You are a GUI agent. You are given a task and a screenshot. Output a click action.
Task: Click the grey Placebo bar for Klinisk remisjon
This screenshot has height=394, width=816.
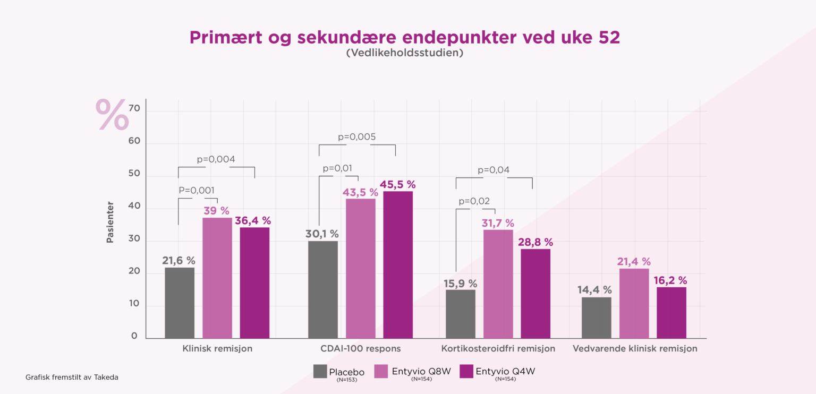pyautogui.click(x=180, y=303)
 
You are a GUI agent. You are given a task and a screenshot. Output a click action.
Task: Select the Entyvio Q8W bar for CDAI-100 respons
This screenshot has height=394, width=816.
pyautogui.click(x=361, y=268)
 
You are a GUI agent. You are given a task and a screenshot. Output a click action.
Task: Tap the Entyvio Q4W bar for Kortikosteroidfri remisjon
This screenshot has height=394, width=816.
pyautogui.click(x=535, y=293)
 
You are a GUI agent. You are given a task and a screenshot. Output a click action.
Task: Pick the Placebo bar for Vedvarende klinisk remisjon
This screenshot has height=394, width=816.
pyautogui.click(x=597, y=318)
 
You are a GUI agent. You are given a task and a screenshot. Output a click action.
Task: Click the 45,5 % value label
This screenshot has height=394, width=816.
pyautogui.click(x=397, y=185)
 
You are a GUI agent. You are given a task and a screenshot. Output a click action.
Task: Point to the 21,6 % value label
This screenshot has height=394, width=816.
pyautogui.click(x=179, y=261)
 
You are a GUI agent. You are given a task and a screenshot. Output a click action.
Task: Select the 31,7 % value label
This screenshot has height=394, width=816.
pyautogui.click(x=498, y=223)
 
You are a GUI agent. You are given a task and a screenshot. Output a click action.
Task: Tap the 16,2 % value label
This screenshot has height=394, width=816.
pyautogui.click(x=671, y=280)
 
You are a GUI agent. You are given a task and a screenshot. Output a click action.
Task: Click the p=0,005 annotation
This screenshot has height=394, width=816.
pyautogui.click(x=357, y=137)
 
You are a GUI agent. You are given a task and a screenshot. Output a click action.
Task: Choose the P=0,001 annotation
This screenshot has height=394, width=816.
pyautogui.click(x=197, y=190)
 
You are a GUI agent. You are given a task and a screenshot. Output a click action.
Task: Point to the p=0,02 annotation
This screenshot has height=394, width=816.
pyautogui.click(x=474, y=201)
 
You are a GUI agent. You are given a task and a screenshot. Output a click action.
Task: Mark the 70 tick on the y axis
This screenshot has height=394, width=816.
pyautogui.click(x=134, y=108)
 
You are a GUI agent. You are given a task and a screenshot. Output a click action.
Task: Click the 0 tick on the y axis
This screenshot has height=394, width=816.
pyautogui.click(x=134, y=336)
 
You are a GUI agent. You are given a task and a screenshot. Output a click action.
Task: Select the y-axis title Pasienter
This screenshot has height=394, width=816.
pyautogui.click(x=110, y=222)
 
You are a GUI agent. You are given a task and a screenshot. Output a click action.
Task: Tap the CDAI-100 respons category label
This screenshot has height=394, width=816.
pyautogui.click(x=360, y=349)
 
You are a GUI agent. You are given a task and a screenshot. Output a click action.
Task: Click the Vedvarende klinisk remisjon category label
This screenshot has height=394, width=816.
pyautogui.click(x=634, y=349)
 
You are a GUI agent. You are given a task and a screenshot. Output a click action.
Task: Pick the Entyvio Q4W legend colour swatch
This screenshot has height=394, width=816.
pyautogui.click(x=465, y=371)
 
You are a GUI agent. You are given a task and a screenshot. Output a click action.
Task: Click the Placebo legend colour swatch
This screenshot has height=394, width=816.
pyautogui.click(x=320, y=371)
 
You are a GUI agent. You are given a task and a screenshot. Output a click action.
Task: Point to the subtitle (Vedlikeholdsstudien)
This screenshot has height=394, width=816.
pyautogui.click(x=404, y=54)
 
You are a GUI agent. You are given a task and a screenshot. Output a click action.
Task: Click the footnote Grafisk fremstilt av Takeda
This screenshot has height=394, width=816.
pyautogui.click(x=72, y=377)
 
